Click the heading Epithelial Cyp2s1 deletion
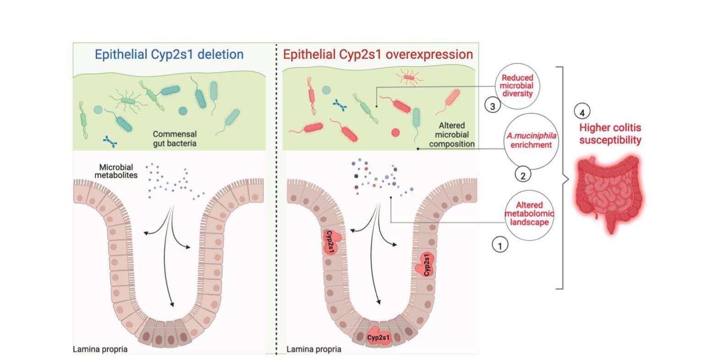point(169,55)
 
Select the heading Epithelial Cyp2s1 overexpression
point(378,55)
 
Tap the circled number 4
point(582,111)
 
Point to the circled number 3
point(493,106)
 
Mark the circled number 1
point(500,245)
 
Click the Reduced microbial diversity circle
point(517,86)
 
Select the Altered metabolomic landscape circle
point(529,214)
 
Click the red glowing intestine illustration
point(609,192)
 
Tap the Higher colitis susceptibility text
point(610,134)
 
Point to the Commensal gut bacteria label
point(175,139)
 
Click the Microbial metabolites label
point(116,171)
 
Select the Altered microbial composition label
point(452,135)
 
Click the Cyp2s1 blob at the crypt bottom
point(378,338)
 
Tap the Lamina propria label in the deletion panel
point(100,349)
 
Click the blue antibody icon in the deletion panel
point(110,142)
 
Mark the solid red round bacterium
point(395,132)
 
